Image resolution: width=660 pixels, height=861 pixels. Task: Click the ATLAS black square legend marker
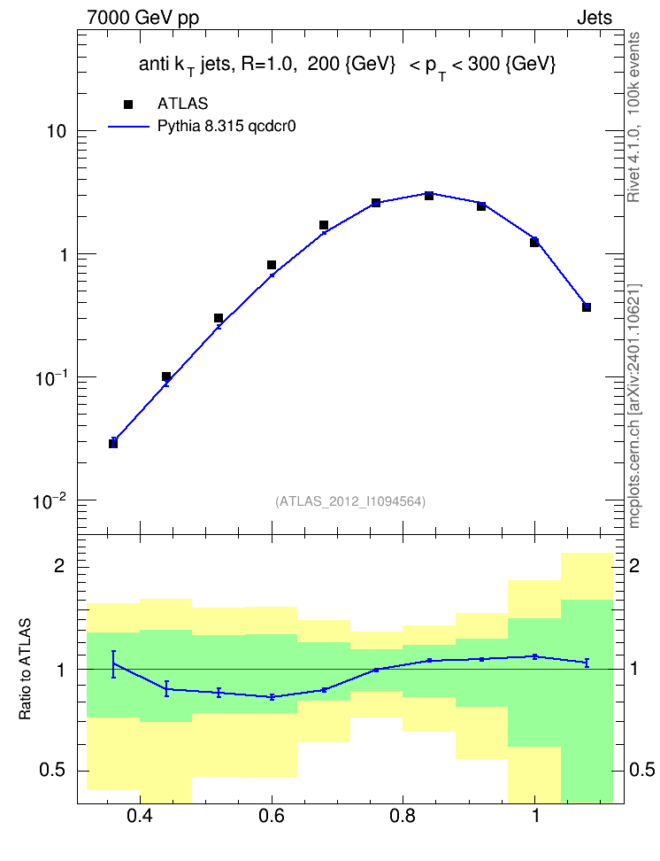[x=128, y=105]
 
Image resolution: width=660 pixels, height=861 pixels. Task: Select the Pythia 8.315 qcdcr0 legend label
[x=226, y=127]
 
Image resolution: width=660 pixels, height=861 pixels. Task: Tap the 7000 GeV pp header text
[x=142, y=18]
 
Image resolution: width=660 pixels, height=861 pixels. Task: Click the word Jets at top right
[x=595, y=18]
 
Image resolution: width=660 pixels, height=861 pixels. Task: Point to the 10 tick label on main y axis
[x=57, y=132]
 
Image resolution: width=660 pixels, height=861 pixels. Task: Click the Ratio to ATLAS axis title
[x=26, y=669]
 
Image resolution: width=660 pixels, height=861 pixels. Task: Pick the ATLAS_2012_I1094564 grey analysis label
[x=350, y=501]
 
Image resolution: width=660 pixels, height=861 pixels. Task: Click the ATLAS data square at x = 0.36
[x=113, y=444]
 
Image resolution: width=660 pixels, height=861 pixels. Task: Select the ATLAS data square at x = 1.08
[x=587, y=307]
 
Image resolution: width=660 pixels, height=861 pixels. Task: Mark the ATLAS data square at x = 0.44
[x=166, y=376]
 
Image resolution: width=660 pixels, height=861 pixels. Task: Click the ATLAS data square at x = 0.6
[x=272, y=265]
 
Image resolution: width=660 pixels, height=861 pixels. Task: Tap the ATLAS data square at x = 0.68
[x=324, y=225]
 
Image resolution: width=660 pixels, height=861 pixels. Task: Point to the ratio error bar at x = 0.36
[x=113, y=664]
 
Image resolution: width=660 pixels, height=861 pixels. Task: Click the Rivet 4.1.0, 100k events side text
[x=633, y=117]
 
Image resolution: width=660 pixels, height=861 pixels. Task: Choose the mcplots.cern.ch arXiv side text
[x=634, y=407]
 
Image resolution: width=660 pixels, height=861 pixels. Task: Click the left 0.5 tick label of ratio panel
[x=52, y=771]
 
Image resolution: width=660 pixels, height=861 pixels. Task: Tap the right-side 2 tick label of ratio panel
[x=634, y=565]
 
